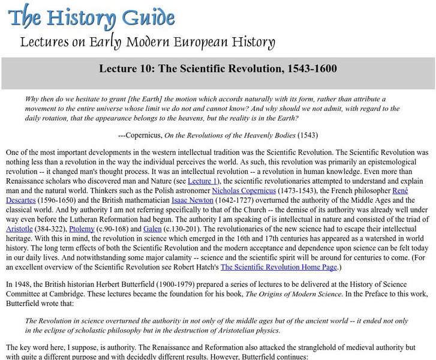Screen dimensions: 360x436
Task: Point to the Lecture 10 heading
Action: pyautogui.click(x=218, y=69)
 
